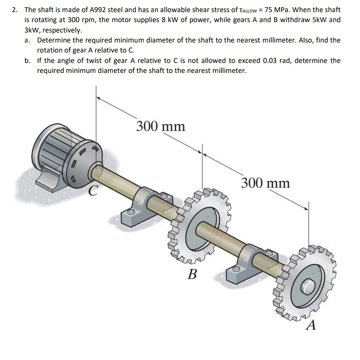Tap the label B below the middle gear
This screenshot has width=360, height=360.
click(192, 274)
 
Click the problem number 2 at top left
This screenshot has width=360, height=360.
click(14, 10)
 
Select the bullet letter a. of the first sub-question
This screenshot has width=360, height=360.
click(27, 40)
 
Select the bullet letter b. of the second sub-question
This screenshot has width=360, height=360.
click(27, 60)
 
